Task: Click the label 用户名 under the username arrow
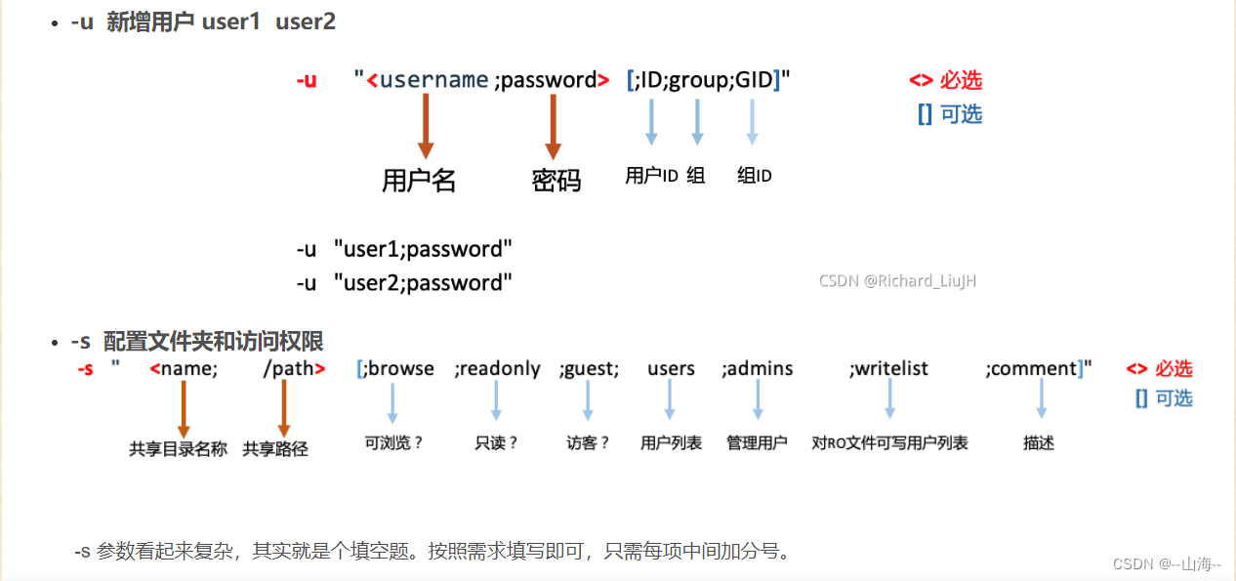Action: [x=419, y=180]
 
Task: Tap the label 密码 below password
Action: [x=556, y=180]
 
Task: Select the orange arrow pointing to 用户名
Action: [x=425, y=127]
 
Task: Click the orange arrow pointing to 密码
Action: [x=553, y=127]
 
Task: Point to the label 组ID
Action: [x=755, y=176]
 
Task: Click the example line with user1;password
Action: [x=405, y=249]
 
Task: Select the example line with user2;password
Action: [x=405, y=283]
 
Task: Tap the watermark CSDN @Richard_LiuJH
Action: [x=897, y=281]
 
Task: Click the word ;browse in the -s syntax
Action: [x=396, y=368]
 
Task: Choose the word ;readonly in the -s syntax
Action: [x=497, y=368]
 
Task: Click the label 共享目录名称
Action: [x=178, y=448]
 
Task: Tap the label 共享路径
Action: [x=275, y=448]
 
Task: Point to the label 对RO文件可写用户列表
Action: [x=889, y=442]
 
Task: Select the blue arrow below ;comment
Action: [x=1042, y=398]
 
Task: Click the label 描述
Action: [x=1039, y=442]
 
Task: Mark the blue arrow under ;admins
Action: [x=758, y=398]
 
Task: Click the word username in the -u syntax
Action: [x=433, y=80]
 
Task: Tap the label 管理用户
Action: [x=757, y=442]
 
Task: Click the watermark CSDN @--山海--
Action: [x=1167, y=563]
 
